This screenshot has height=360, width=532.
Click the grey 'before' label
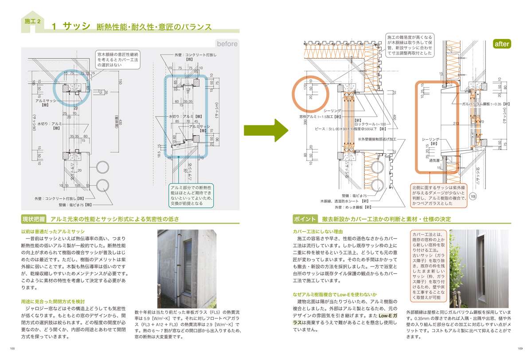pos(227,43)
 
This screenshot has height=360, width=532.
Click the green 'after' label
pos(502,43)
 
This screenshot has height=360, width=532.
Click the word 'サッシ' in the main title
pos(76,26)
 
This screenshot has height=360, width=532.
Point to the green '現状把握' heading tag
pos(35,219)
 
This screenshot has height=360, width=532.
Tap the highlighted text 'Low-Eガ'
pos(390,315)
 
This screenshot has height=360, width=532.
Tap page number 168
pos(12,348)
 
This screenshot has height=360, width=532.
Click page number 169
pos(520,348)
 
